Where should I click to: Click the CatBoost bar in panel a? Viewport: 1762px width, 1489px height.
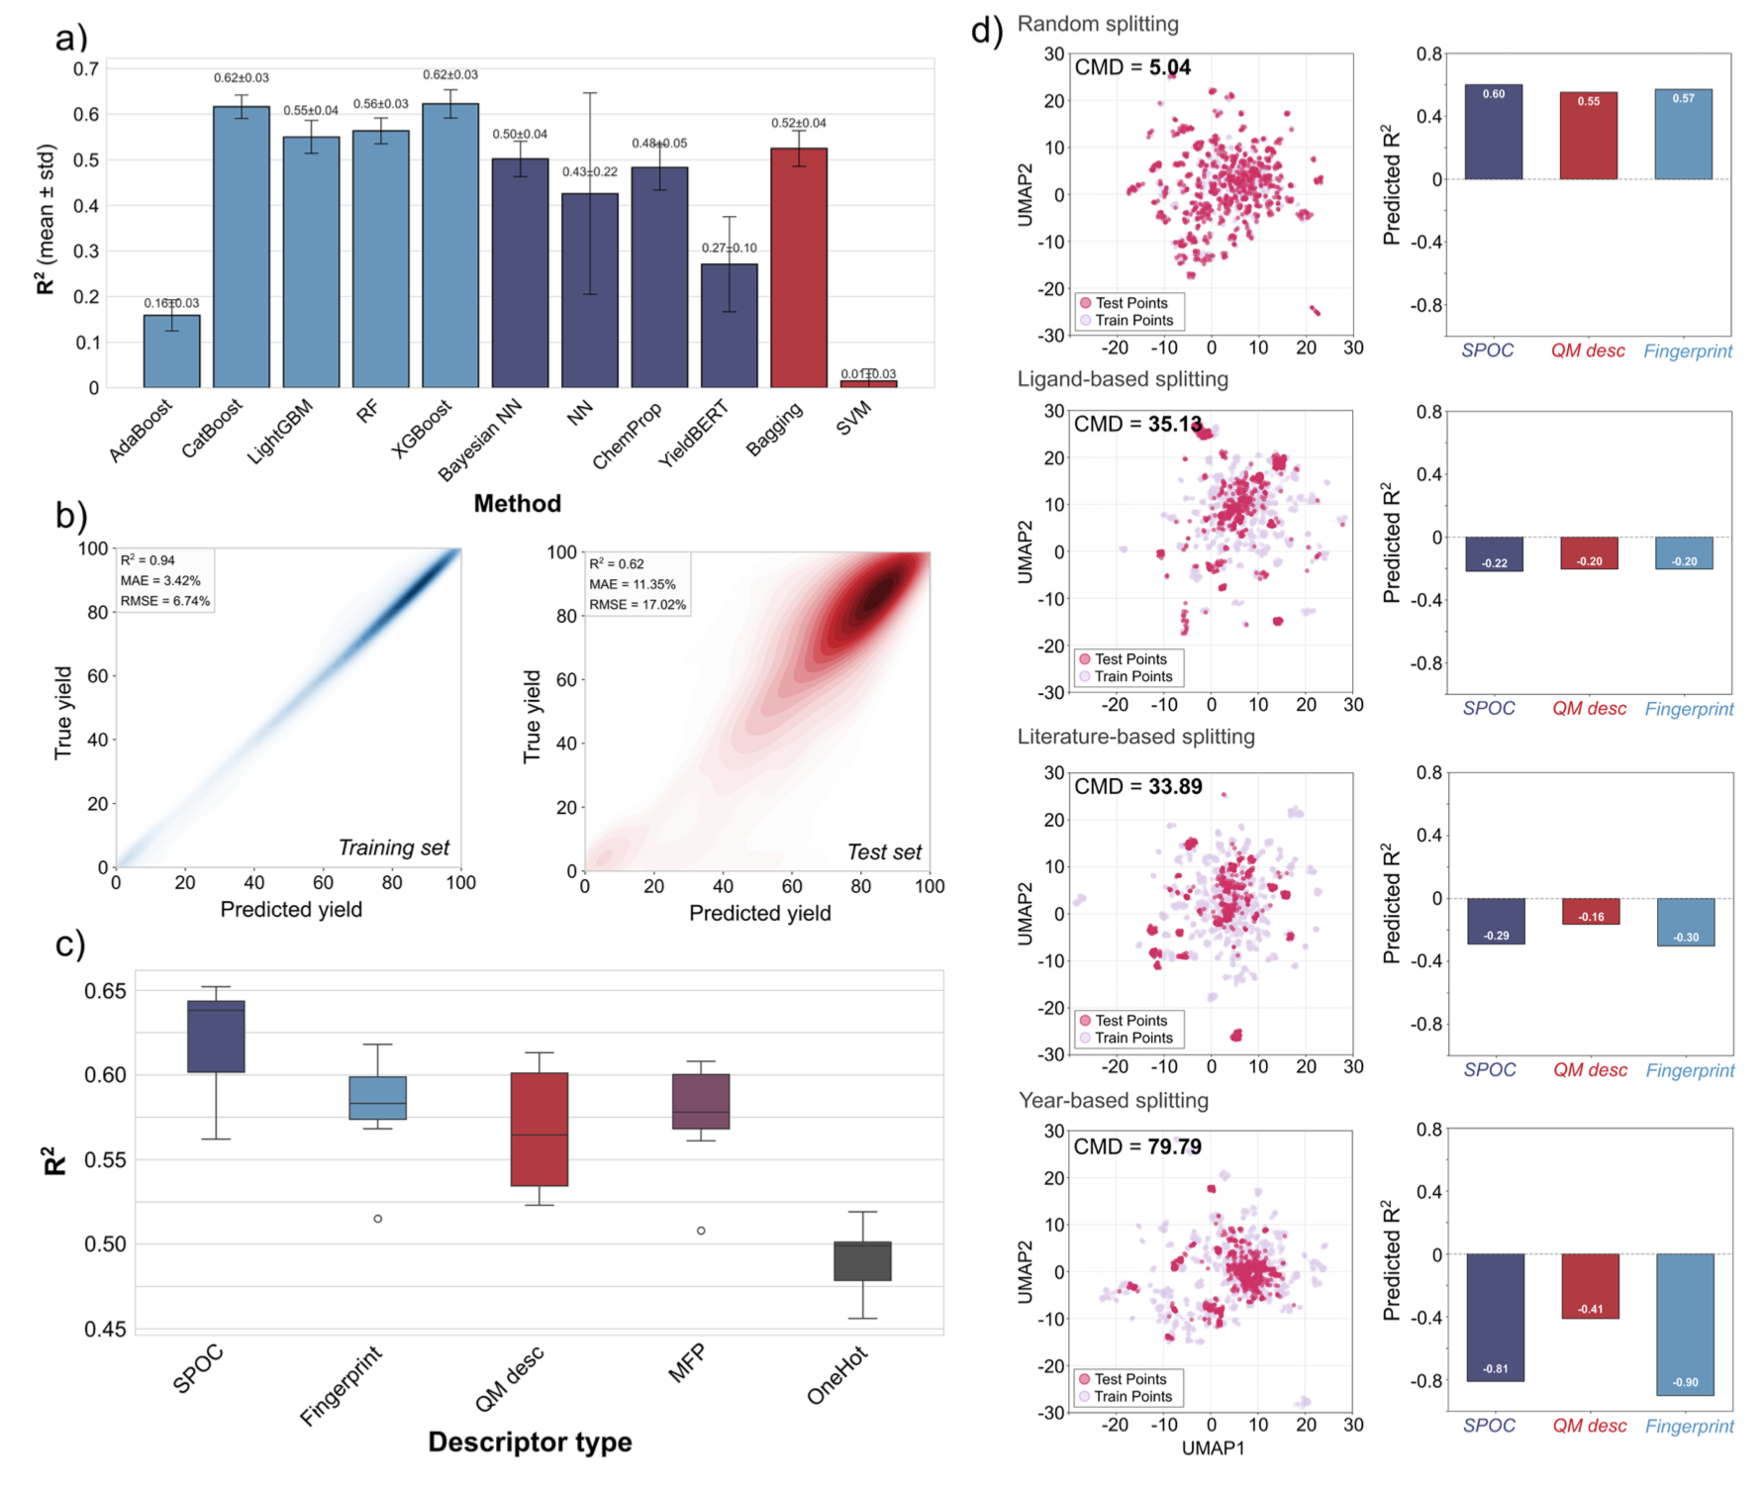point(242,247)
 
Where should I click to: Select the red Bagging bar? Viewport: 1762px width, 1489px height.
point(799,267)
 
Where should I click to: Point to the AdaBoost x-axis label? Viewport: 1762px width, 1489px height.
point(141,431)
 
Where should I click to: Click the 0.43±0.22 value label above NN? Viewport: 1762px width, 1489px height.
point(590,172)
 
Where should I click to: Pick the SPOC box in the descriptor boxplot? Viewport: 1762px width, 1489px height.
point(216,1037)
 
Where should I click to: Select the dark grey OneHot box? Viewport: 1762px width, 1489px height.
point(862,1261)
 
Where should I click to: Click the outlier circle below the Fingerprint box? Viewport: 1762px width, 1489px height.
point(378,1219)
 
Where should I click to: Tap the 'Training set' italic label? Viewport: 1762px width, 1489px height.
point(393,847)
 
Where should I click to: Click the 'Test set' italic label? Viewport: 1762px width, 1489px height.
point(884,852)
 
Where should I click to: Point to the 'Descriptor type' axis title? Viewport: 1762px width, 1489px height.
point(530,1442)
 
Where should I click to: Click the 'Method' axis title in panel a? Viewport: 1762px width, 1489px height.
point(517,504)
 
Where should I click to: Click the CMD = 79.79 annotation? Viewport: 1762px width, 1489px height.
point(1137,1146)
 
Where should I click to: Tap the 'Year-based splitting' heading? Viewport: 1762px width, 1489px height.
point(1114,1101)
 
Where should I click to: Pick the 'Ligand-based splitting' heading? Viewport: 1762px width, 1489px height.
point(1123,379)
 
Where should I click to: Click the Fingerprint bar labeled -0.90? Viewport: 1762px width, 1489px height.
point(1685,1325)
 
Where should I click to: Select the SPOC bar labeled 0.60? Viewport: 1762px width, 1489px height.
point(1494,132)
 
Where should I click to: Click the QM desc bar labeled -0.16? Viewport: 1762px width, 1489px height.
point(1591,912)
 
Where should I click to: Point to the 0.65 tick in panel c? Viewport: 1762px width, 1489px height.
point(105,991)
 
